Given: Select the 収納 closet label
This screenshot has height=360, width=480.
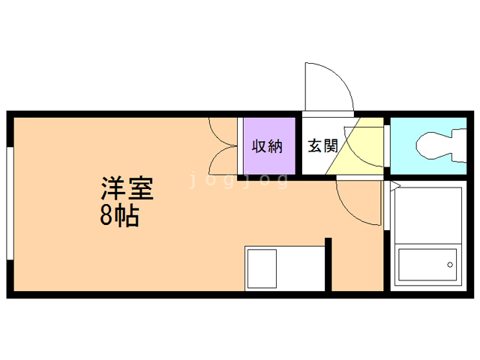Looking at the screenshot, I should [266, 145].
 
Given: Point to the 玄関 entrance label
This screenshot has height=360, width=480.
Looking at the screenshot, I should [322, 145].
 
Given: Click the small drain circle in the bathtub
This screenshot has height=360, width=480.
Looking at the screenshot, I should [450, 264].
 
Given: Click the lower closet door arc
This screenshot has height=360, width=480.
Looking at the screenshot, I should [222, 160].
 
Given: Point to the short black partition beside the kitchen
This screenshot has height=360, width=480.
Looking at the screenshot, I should [328, 264].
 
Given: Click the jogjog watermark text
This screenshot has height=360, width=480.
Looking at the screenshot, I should [238, 180].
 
